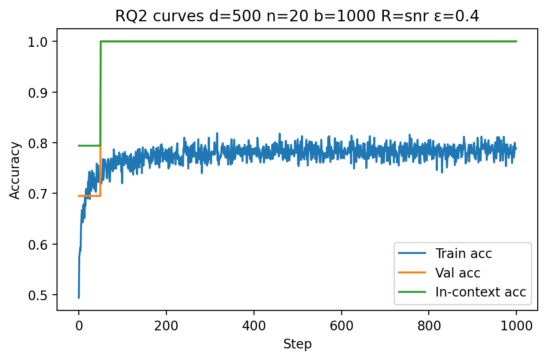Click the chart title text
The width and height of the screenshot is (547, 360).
[297, 16]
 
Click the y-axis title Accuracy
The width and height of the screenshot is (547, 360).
[15, 170]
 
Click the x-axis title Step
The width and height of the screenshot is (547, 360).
[297, 344]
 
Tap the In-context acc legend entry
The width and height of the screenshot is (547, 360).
[480, 292]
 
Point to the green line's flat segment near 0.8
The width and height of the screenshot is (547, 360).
[89, 145]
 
